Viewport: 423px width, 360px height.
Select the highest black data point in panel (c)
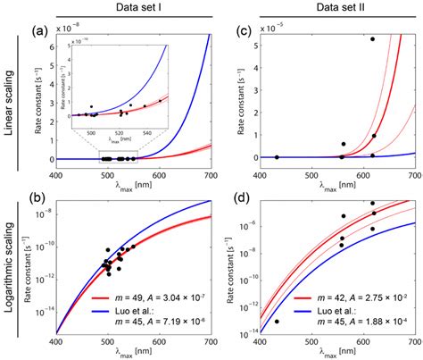coord(372,39)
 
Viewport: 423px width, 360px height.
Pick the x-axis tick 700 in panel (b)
coord(211,344)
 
